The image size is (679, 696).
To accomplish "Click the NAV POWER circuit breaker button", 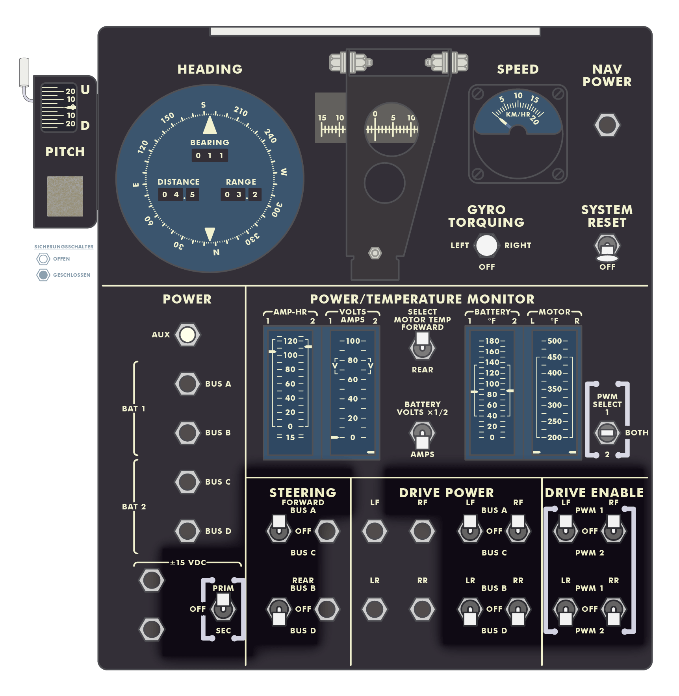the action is click(607, 125).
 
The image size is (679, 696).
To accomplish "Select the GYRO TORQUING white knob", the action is click(487, 245).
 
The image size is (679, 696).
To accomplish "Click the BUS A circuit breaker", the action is click(187, 384).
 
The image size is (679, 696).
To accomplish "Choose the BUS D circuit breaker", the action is click(187, 531).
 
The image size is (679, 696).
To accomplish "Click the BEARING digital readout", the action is click(210, 155).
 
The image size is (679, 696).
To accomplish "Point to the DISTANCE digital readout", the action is click(178, 194).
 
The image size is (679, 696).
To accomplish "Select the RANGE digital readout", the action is click(241, 194).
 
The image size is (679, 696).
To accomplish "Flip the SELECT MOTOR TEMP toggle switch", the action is click(422, 345).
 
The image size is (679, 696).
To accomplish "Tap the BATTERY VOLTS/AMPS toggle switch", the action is click(422, 435).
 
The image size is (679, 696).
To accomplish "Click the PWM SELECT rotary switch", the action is click(607, 433).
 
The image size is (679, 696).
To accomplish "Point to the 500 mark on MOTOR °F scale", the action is click(555, 341).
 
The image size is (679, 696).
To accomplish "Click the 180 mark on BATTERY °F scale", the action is click(492, 341).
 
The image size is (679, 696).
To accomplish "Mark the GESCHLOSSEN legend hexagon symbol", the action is click(43, 275).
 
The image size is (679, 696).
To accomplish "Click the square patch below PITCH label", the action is click(65, 196).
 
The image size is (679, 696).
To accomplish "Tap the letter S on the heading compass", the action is click(203, 105).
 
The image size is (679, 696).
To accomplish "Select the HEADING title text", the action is click(210, 69).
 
